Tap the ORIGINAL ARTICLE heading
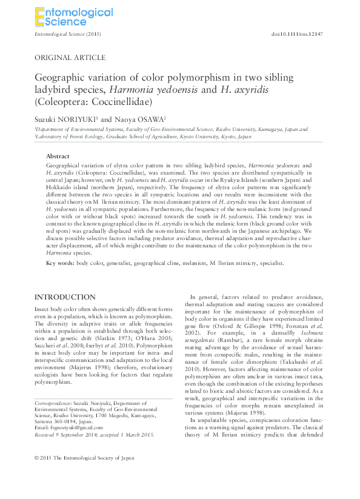70,58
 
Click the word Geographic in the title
61,79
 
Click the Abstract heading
58,156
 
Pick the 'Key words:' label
62,263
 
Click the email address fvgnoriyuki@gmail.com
72,428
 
